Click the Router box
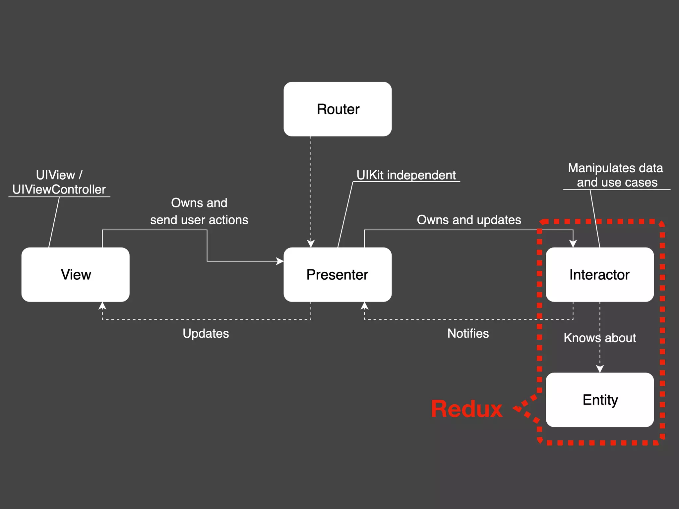coord(338,109)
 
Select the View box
coord(76,274)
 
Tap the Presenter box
coord(338,274)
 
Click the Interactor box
coord(599,274)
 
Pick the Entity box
coord(599,400)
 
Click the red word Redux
coord(466,409)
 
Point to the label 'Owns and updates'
coord(469,220)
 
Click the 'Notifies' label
coord(468,333)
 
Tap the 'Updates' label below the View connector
coord(206,333)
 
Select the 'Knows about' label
coord(599,338)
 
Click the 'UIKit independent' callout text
coord(406,175)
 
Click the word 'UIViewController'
coord(59,189)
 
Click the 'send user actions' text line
coord(199,220)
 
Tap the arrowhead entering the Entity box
coord(600,369)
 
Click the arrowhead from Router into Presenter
coord(311,244)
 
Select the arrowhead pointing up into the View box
coord(102,306)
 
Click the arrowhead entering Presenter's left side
coord(280,261)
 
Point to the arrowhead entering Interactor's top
coord(573,244)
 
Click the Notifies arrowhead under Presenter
coord(364,306)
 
